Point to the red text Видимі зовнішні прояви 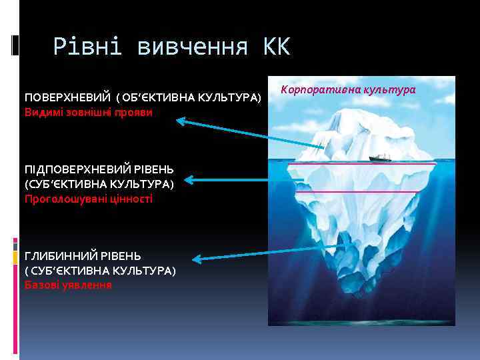89,111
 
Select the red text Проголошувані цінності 89,199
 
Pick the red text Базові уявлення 68,285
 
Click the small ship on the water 379,158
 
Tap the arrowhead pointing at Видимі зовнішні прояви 181,121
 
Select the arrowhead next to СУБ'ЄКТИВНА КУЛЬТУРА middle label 189,179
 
